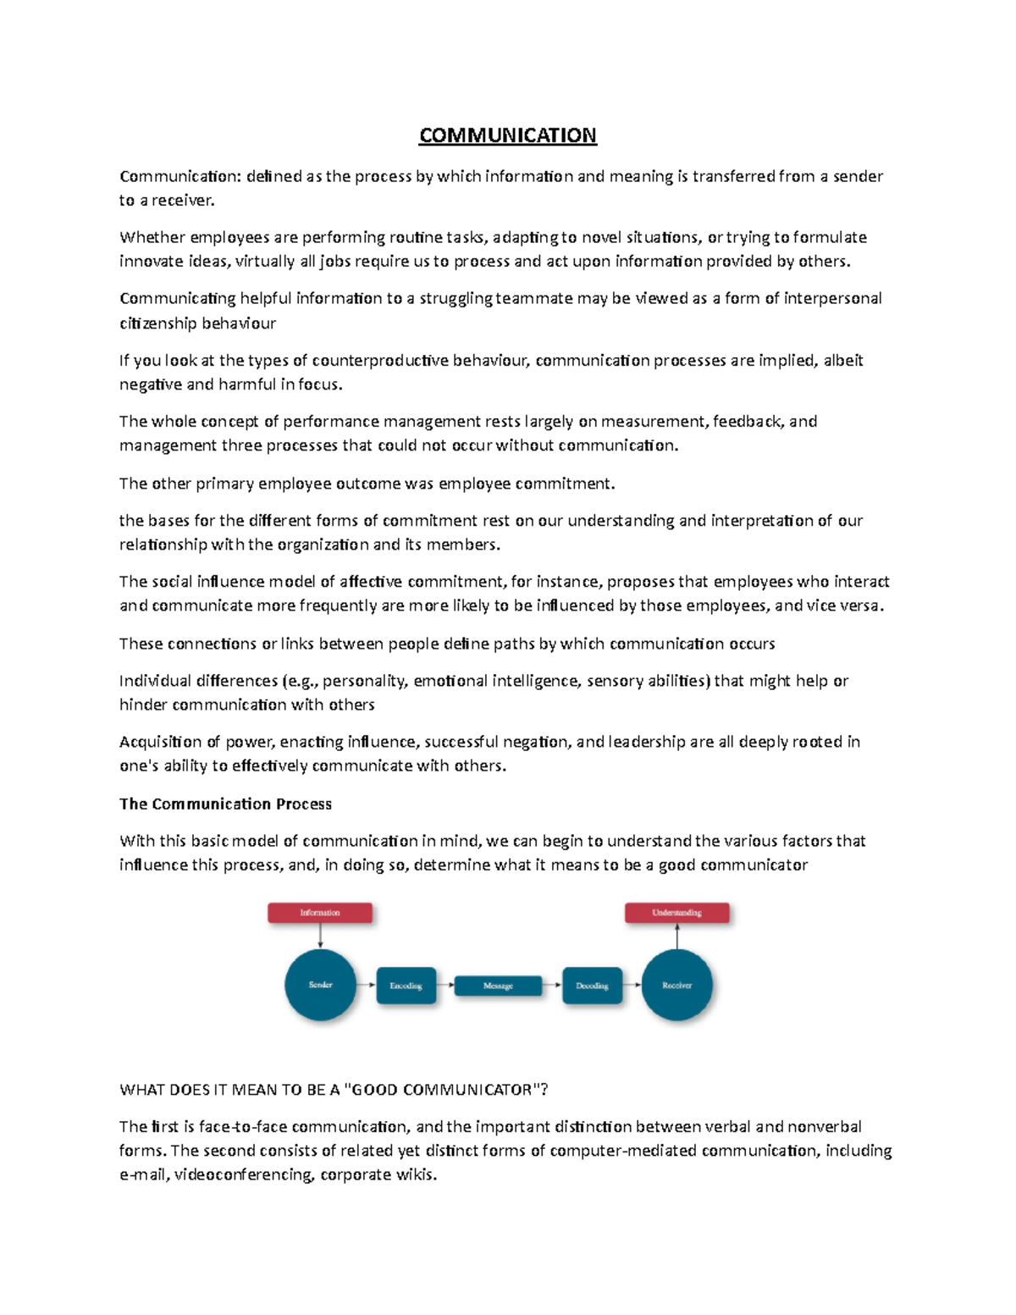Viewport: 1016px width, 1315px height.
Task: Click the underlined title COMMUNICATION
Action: click(507, 135)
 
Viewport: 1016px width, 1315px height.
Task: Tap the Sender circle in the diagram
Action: click(320, 985)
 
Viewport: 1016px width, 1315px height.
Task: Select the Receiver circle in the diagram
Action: click(676, 985)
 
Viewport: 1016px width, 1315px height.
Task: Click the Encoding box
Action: click(406, 986)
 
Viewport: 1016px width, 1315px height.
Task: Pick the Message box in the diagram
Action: click(498, 986)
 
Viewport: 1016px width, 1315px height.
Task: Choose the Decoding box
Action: click(592, 986)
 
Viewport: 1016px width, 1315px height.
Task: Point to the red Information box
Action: click(320, 913)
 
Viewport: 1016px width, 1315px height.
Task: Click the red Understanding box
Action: click(676, 913)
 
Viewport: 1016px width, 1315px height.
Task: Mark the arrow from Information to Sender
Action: click(320, 936)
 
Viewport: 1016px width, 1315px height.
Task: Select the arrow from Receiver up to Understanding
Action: click(676, 937)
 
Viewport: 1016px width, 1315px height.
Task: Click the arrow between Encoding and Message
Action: click(446, 985)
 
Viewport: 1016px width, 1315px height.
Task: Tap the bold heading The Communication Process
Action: click(225, 804)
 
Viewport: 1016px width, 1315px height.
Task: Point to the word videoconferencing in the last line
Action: click(243, 1174)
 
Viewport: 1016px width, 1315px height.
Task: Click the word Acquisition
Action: click(160, 743)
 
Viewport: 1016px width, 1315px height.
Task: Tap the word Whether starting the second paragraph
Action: click(152, 238)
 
